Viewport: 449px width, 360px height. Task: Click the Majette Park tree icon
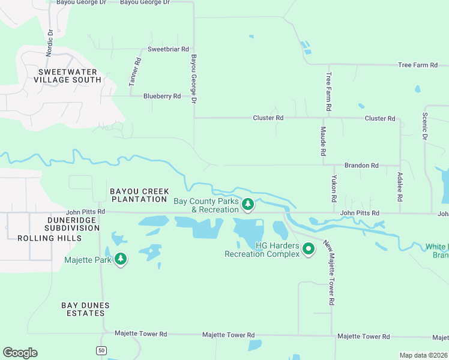(x=121, y=259)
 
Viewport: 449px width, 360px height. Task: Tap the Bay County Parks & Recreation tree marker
(x=248, y=205)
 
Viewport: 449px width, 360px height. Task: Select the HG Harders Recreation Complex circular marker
(x=309, y=248)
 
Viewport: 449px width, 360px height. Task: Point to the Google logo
(x=20, y=353)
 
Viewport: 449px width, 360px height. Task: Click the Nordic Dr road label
(x=50, y=41)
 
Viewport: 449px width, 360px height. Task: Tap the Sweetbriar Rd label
(x=168, y=49)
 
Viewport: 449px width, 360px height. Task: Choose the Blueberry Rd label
(x=162, y=96)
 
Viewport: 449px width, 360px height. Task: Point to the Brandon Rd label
(x=361, y=165)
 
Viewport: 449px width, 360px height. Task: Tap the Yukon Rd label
(x=334, y=189)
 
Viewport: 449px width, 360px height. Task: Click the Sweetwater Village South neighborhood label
(x=70, y=76)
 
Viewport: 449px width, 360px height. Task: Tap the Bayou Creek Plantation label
(x=139, y=195)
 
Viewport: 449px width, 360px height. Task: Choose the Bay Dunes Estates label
(x=86, y=309)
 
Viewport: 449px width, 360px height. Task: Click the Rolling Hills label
(x=41, y=238)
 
